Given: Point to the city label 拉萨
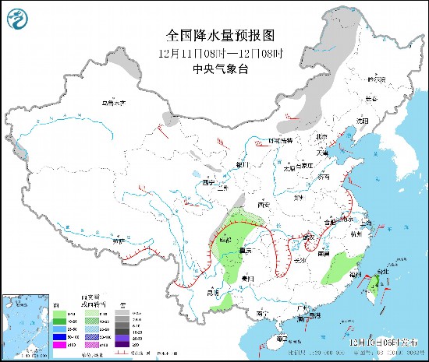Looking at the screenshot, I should point(117,241).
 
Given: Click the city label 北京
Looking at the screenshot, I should point(321,138).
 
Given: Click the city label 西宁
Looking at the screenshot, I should point(207,181).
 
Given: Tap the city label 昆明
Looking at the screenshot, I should point(213,293).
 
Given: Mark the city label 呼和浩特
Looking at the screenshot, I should point(279,140).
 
